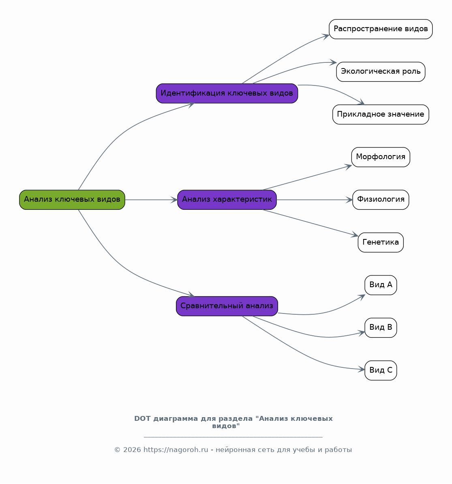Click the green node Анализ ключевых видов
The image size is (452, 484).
[72, 200]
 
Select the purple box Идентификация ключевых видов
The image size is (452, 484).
[227, 93]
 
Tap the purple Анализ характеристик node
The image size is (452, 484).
[227, 200]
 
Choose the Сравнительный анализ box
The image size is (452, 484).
[227, 306]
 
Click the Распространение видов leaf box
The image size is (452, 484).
[381, 29]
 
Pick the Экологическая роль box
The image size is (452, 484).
[381, 72]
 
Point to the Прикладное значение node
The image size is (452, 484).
[381, 115]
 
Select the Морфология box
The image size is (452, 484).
[381, 157]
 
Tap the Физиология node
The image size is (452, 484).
[381, 200]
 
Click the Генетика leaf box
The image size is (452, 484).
[381, 242]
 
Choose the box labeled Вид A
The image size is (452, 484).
[381, 285]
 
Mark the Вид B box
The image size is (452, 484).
[381, 328]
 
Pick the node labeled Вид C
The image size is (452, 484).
[381, 371]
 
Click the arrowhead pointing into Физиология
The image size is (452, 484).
[349, 200]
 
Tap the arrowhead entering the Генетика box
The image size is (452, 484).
[355, 235]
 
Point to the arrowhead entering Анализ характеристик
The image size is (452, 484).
[174, 200]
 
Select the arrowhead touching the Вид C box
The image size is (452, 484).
[362, 369]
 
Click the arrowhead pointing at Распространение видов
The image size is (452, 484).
[326, 36]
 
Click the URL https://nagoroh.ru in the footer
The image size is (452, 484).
[176, 450]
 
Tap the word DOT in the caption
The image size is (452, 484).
[142, 418]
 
